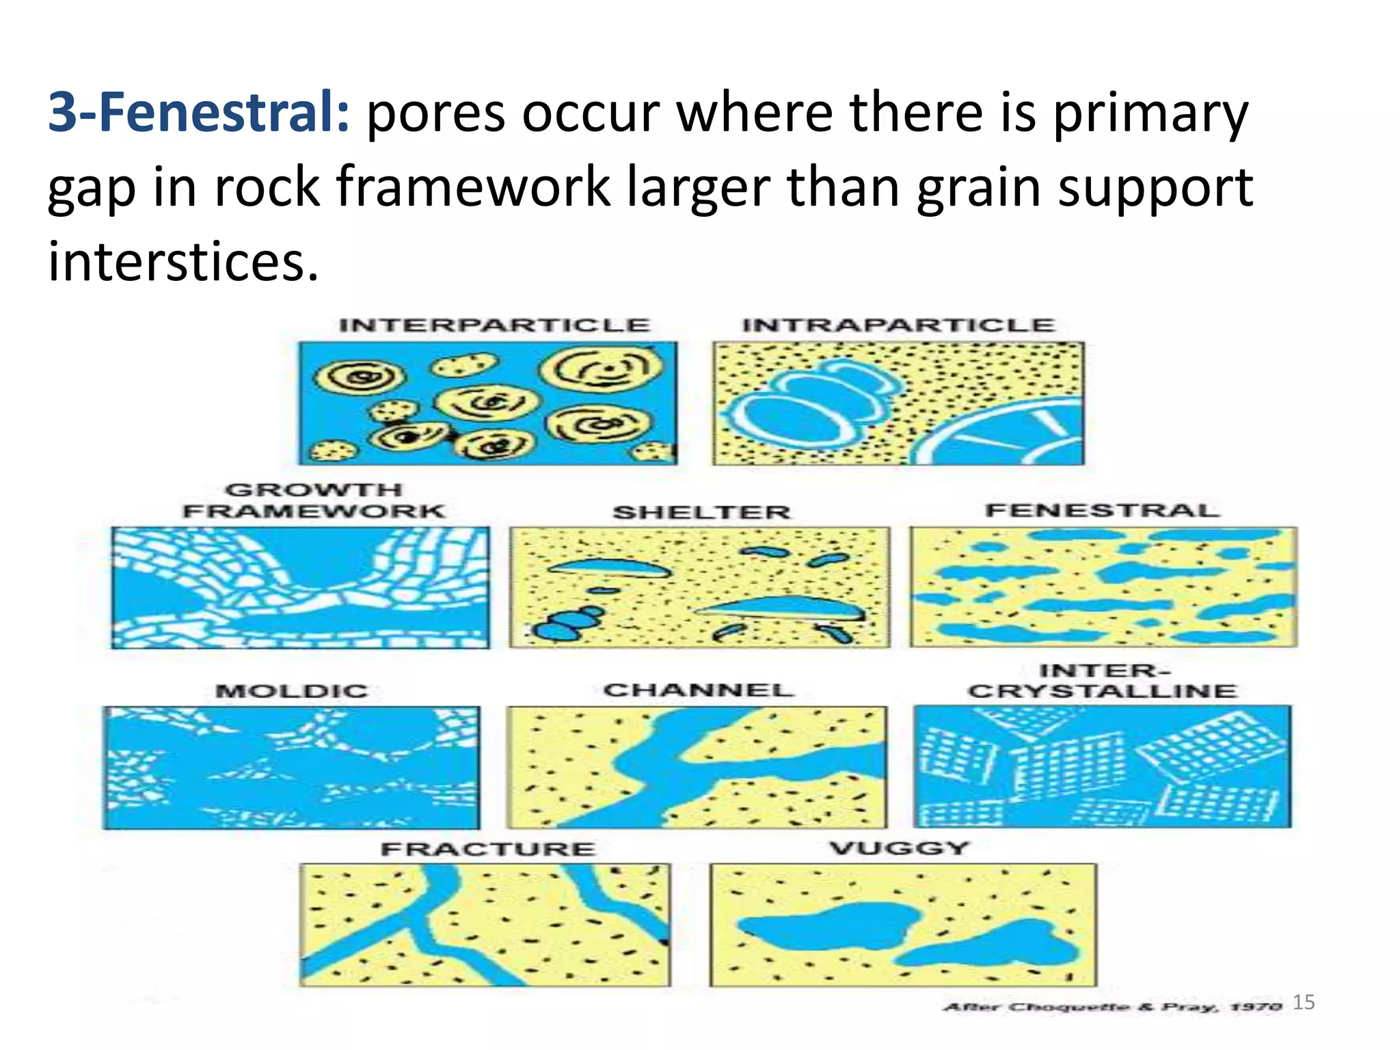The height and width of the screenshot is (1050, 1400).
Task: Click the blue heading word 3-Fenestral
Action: click(x=198, y=113)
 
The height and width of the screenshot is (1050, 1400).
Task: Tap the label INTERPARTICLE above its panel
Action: click(x=494, y=325)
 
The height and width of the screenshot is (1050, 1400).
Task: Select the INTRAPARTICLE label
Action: click(x=898, y=325)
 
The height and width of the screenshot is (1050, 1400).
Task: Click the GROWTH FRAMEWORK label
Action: click(x=314, y=500)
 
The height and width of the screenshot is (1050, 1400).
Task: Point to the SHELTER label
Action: click(x=701, y=512)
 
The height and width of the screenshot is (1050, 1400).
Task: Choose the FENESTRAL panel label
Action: click(x=1102, y=511)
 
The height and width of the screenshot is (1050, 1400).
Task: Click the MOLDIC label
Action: click(x=292, y=691)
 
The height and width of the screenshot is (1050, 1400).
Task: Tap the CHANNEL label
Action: click(x=699, y=690)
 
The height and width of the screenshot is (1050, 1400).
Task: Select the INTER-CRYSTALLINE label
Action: click(x=1102, y=682)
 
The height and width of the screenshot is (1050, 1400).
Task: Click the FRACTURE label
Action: click(x=488, y=850)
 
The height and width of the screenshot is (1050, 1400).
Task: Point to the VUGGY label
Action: click(x=900, y=848)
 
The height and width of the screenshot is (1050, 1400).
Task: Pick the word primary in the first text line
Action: click(x=1150, y=113)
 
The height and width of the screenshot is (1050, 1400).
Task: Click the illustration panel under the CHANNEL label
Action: click(x=697, y=767)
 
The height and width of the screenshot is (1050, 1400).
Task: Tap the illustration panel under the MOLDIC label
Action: click(x=292, y=768)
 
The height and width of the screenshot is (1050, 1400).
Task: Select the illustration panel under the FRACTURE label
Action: click(x=485, y=925)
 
